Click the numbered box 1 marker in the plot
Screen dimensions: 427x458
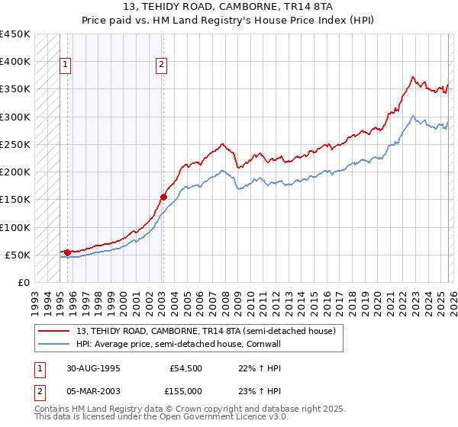pos(66,66)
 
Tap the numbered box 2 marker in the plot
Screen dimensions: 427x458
pos(163,66)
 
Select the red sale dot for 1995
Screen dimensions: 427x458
pos(67,252)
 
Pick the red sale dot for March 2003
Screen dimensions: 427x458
pos(163,197)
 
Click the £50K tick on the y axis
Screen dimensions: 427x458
pos(18,255)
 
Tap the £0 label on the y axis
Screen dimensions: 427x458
pos(24,282)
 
